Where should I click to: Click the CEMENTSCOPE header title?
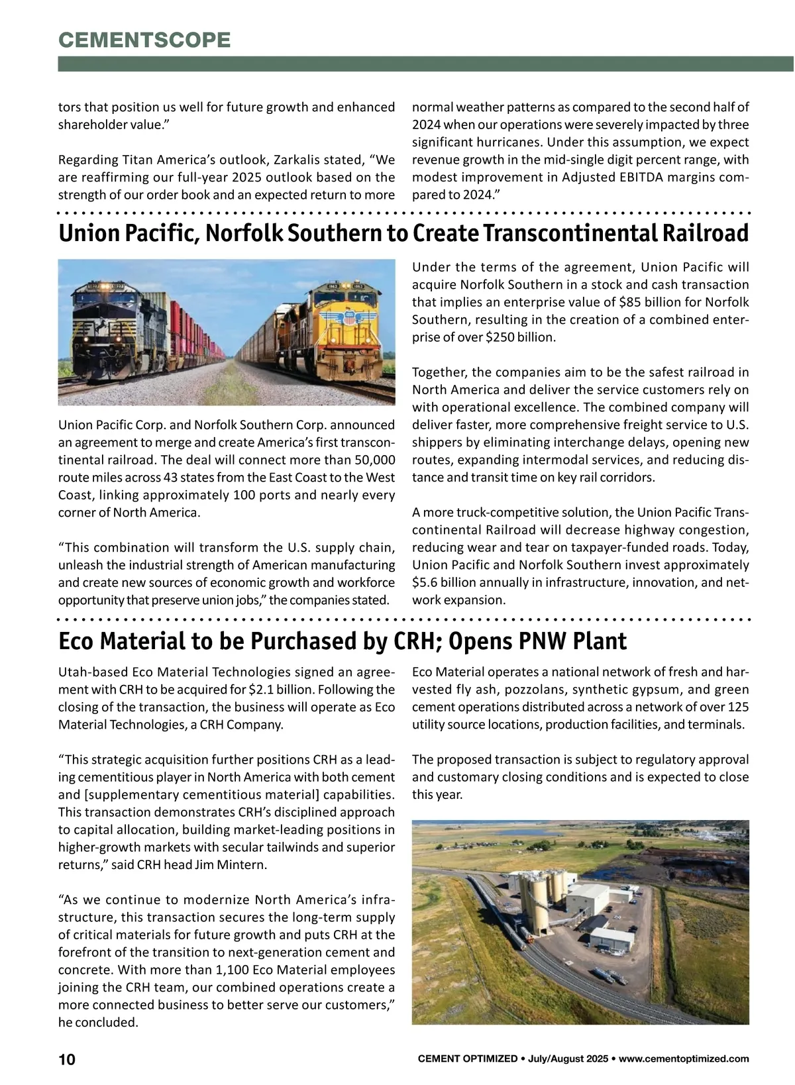click(144, 40)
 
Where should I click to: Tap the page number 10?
click(67, 1059)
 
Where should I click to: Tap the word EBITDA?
click(658, 178)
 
